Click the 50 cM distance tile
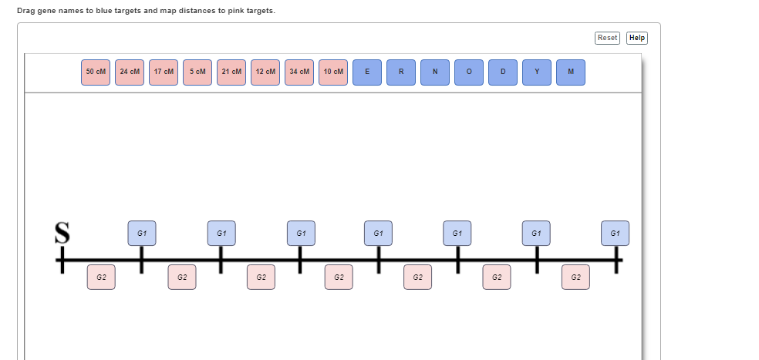click(96, 72)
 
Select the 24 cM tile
click(130, 72)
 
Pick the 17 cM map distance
click(164, 72)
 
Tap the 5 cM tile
click(197, 72)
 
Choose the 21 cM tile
click(231, 72)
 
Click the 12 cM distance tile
click(265, 72)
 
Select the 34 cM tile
click(299, 72)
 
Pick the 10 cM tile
click(333, 72)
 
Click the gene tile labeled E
click(367, 72)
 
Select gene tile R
click(401, 72)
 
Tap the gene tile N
click(435, 72)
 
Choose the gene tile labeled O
click(468, 72)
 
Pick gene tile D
click(502, 72)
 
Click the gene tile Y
click(536, 72)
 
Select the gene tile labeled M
click(570, 72)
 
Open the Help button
click(637, 38)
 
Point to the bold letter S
click(62, 233)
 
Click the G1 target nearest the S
click(142, 234)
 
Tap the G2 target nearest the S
click(101, 278)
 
